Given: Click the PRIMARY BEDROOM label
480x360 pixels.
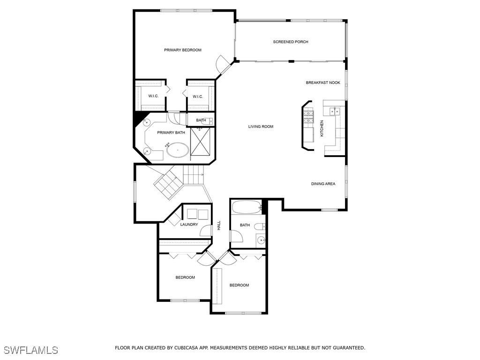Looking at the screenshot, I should tap(182, 50).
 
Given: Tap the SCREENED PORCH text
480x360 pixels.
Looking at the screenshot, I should tap(291, 42).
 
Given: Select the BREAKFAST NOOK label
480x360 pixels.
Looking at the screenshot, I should tap(323, 83).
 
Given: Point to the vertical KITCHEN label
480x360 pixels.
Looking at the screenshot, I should tap(322, 128).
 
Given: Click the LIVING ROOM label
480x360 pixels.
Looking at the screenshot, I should tap(261, 127).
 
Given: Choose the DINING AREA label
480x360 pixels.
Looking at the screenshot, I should tap(323, 184).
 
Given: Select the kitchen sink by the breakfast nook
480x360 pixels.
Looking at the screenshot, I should tap(335, 111).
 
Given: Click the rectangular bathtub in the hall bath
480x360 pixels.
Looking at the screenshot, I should tap(246, 207).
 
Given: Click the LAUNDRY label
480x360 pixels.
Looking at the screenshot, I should tap(189, 225).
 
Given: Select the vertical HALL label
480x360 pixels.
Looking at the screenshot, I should tap(218, 225).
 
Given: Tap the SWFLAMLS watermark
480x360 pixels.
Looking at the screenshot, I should tap(30, 350).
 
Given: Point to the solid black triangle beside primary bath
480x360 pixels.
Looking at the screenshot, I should tap(139, 118).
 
